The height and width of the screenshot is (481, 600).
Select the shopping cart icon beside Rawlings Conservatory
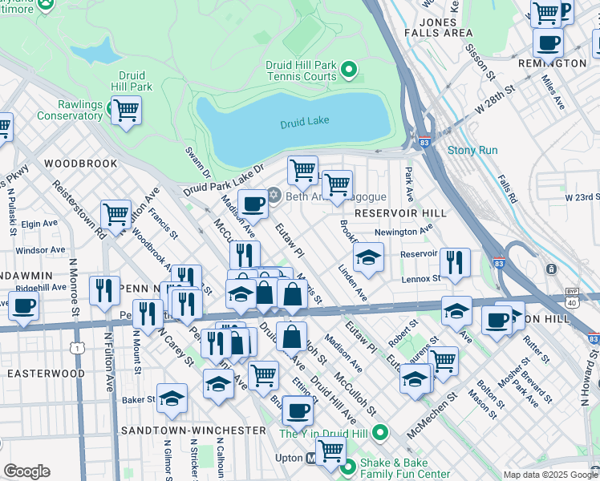[126, 110]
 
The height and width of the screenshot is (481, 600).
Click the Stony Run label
[472, 150]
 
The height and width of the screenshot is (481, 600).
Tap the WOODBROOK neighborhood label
[81, 164]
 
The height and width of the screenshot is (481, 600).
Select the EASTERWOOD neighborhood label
[46, 374]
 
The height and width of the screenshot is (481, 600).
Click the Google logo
[26, 471]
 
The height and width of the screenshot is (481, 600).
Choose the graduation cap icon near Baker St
[172, 397]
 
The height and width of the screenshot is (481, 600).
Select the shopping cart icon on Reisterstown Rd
[116, 214]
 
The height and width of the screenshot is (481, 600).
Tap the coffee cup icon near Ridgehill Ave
[23, 305]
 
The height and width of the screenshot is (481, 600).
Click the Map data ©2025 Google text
[549, 475]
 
